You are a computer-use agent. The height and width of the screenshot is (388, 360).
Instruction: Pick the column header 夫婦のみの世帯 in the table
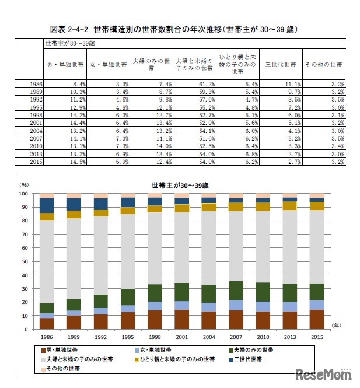(x=151, y=64)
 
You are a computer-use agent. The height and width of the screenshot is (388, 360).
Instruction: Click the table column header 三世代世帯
(x=281, y=64)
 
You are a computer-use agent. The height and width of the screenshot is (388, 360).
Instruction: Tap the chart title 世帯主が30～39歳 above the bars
(x=180, y=186)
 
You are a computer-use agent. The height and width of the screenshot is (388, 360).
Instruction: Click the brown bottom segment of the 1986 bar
(x=47, y=323)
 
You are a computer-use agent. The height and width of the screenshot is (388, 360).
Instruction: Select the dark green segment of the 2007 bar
(x=236, y=291)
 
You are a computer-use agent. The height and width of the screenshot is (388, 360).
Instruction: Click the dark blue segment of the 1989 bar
(x=74, y=204)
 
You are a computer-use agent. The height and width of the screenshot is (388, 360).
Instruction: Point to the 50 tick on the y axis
(x=25, y=261)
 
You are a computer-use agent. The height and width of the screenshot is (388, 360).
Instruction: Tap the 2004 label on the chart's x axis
(x=209, y=337)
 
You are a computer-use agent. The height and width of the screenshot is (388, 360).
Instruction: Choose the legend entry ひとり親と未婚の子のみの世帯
(x=176, y=359)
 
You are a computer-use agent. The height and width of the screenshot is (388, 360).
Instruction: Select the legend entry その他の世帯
(x=61, y=368)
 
